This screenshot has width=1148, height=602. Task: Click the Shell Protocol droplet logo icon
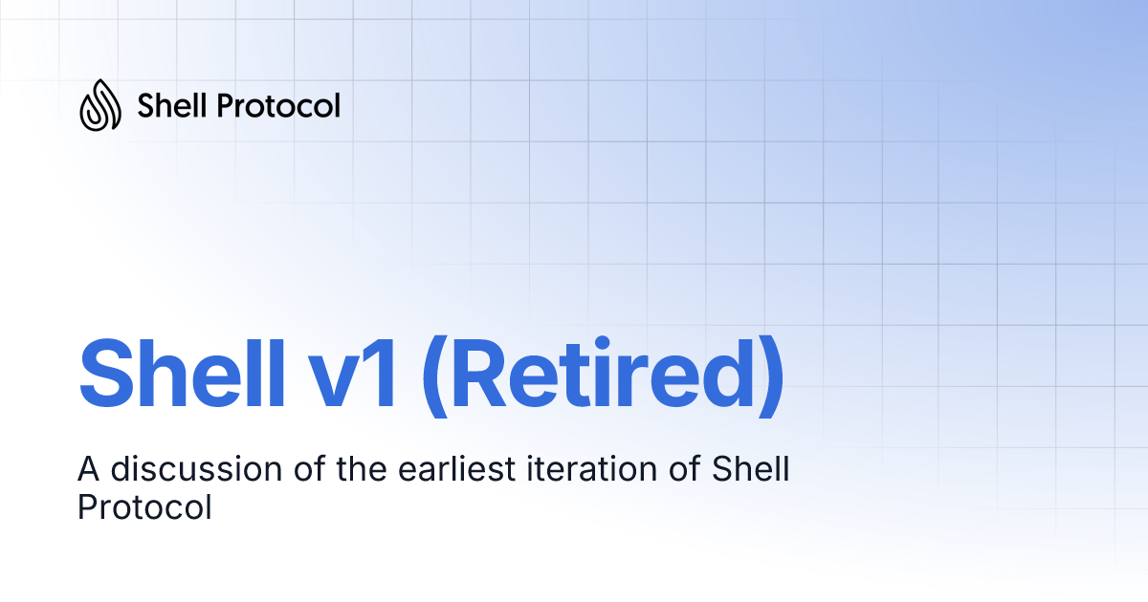point(100,105)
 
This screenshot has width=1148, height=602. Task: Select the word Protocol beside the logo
point(278,105)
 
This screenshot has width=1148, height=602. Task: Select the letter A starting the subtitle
point(88,469)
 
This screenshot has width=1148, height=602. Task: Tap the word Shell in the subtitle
point(752,469)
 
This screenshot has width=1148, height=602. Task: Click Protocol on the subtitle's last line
point(143,507)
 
